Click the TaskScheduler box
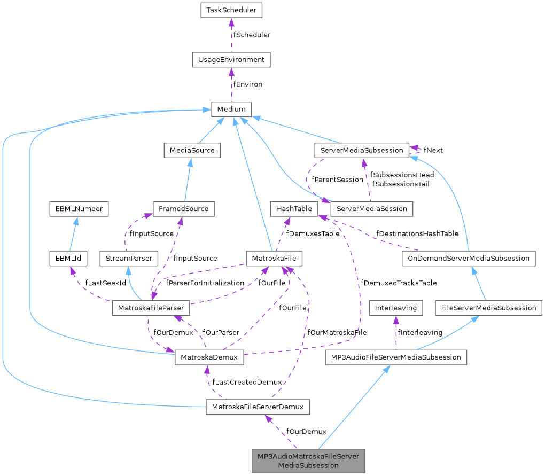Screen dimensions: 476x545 click(231, 10)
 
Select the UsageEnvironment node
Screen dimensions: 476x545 click(231, 59)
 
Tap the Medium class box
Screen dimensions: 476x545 click(231, 109)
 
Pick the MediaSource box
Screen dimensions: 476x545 click(192, 150)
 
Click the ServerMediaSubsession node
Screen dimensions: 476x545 click(362, 150)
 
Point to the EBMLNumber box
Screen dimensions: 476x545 click(79, 208)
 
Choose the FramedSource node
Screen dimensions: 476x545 click(183, 208)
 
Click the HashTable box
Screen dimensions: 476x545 click(294, 208)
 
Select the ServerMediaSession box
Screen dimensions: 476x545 click(372, 208)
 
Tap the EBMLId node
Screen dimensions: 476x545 click(63, 259)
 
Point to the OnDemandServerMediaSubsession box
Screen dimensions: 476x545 click(468, 259)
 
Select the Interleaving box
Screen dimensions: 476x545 click(396, 308)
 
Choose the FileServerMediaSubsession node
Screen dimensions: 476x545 click(488, 308)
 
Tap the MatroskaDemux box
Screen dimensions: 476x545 click(209, 357)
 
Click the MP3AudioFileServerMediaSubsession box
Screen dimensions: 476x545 click(396, 357)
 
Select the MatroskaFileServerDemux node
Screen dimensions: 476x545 click(258, 407)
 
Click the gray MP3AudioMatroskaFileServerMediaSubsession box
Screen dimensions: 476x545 click(308, 461)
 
